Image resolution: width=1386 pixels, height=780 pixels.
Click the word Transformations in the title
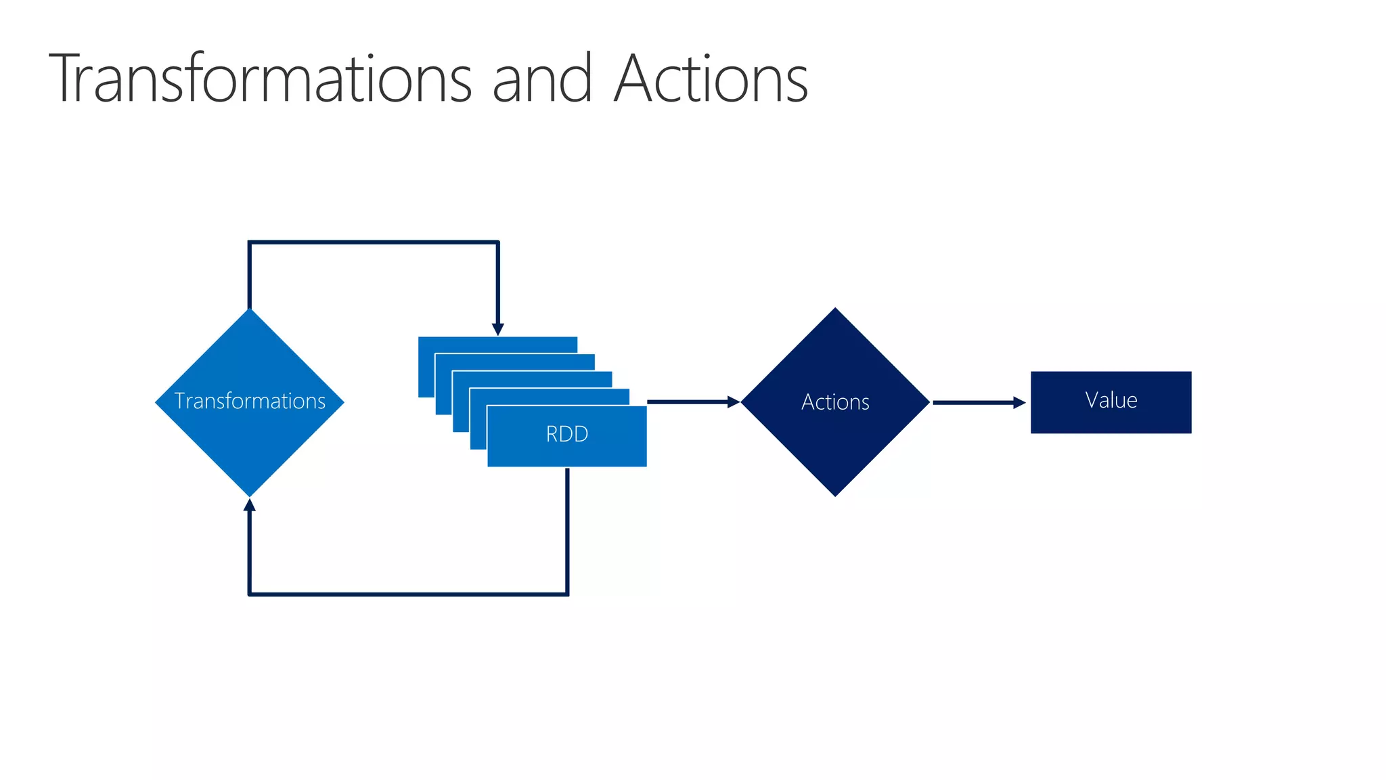[x=261, y=79]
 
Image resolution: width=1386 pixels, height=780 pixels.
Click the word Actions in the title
[x=711, y=79]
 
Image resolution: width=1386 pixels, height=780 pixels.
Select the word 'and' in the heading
[x=542, y=79]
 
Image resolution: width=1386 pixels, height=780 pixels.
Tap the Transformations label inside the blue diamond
[x=250, y=401]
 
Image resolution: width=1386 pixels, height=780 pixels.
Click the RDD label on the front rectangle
[x=567, y=434]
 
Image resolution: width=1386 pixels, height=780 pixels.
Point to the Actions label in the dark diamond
[x=835, y=402]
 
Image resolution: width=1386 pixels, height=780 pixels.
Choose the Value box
[x=1111, y=402]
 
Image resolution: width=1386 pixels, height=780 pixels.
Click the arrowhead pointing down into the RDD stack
[x=498, y=329]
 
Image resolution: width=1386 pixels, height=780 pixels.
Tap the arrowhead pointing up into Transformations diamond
[x=250, y=505]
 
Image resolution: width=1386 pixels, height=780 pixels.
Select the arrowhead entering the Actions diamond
[x=733, y=402]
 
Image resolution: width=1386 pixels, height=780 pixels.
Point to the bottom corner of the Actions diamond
[x=835, y=494]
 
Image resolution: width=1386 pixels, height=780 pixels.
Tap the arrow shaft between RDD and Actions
[x=687, y=402]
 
